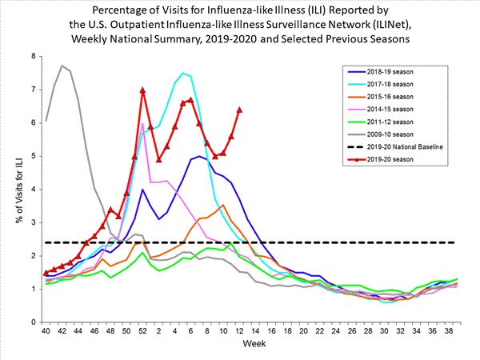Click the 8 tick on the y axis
coord(34,56)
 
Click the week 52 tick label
coord(142,331)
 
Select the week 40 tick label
coord(46,331)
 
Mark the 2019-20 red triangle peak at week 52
coord(142,90)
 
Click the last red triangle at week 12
coord(239,110)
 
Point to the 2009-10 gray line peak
coord(62,66)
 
